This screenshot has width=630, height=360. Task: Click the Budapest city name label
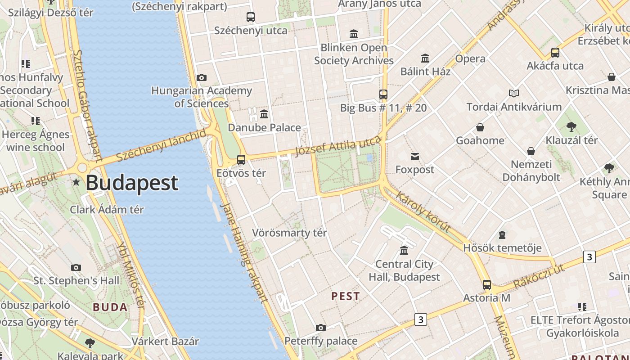point(132,183)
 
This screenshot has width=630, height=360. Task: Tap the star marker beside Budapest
point(76,182)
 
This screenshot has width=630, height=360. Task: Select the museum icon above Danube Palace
point(264,114)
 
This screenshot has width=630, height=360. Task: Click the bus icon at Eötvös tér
point(241,160)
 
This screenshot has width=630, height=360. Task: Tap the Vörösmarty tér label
point(289,233)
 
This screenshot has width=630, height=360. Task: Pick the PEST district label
point(346,296)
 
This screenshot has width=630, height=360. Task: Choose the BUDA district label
point(110,307)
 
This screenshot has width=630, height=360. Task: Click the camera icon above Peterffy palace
point(320,328)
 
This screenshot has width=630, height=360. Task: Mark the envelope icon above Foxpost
point(414,157)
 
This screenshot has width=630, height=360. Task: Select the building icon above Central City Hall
point(404,251)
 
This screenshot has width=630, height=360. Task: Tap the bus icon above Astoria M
point(487,285)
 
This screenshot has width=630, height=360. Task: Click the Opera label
point(470,59)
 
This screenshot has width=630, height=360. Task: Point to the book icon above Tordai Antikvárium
point(514,94)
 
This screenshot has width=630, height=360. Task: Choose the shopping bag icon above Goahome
point(480,127)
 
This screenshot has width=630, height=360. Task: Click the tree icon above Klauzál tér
point(571,127)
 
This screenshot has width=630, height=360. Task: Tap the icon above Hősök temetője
point(502,235)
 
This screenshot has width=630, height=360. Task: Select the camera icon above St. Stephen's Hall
point(76,268)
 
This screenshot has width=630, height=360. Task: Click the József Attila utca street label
point(337,146)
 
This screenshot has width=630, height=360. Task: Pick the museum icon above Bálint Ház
point(425,58)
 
